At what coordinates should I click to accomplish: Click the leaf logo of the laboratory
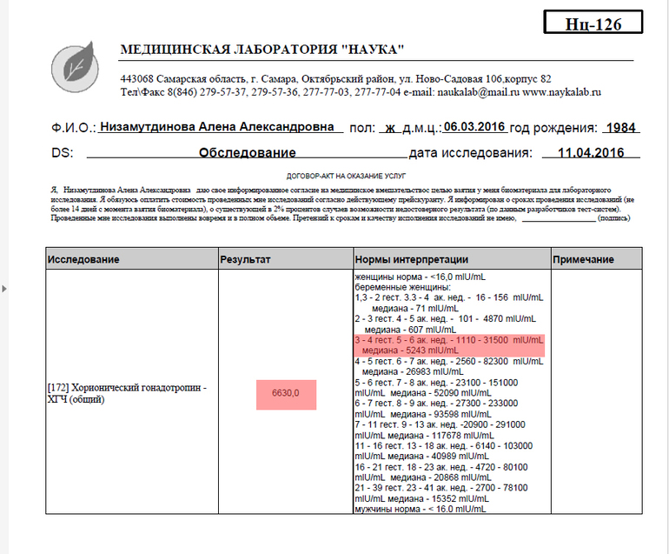tap(83, 63)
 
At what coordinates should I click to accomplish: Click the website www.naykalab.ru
tap(562, 91)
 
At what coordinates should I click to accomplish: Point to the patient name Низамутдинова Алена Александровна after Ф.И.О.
tap(217, 127)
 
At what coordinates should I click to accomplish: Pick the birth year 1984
tap(621, 128)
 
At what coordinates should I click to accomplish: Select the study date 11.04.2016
tap(591, 153)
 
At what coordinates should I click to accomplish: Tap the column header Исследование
tap(83, 260)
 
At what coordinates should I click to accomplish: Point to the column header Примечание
tap(583, 260)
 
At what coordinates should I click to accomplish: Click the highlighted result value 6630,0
tap(285, 394)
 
